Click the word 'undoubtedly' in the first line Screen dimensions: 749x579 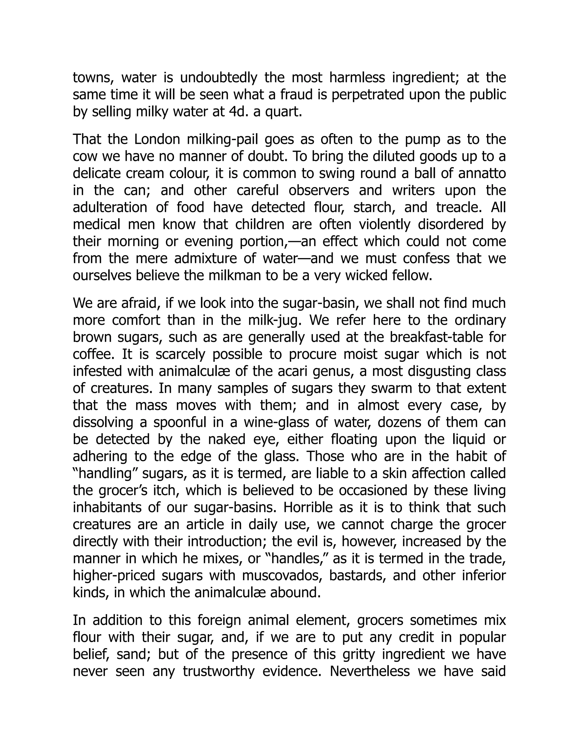pyautogui.click(x=218, y=78)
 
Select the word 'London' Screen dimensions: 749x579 pyautogui.click(x=157, y=140)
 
